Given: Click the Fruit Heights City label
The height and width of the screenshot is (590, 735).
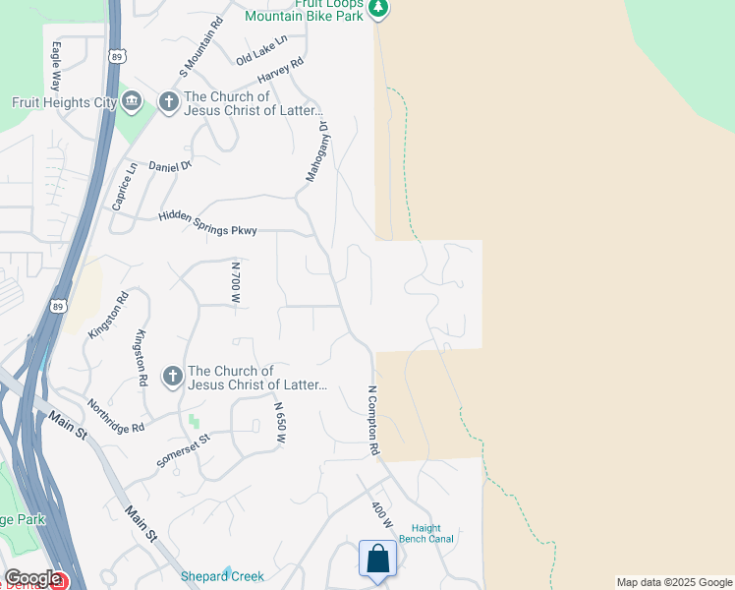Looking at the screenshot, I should tap(64, 102).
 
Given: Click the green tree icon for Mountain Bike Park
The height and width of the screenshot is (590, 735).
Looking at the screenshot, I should tap(379, 9).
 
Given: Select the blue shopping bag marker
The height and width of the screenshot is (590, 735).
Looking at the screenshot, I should tap(377, 560).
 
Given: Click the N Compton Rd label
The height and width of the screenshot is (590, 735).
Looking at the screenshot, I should tap(373, 420).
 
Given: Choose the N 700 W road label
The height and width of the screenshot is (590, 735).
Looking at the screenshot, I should tap(235, 282).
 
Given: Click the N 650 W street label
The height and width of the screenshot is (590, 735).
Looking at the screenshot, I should tap(279, 425).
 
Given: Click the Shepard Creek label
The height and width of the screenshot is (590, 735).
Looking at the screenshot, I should tap(222, 576).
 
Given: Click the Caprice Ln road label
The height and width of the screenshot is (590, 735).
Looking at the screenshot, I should tap(125, 186).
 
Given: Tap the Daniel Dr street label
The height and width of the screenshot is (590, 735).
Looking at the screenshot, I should tap(170, 166).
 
